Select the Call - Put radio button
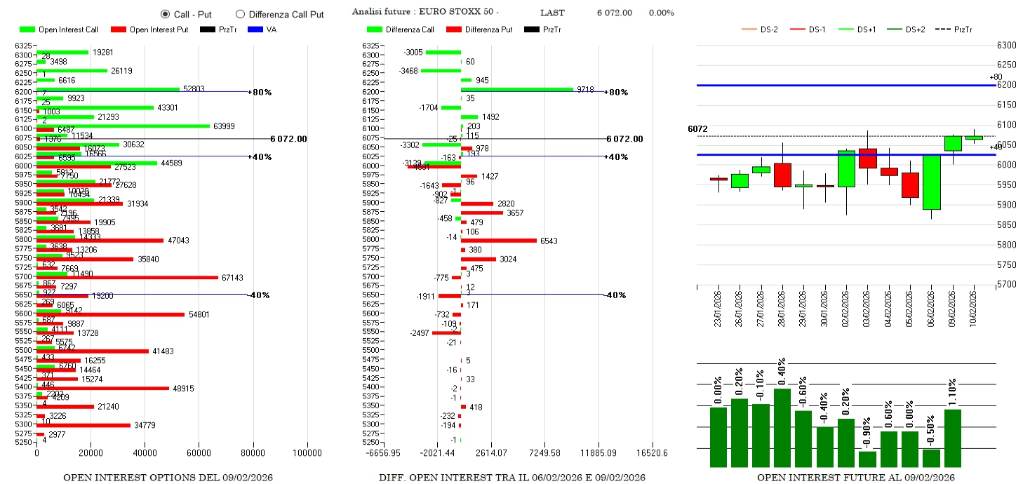pos(166,14)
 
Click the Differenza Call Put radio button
pos(240,14)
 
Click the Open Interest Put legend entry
pos(149,29)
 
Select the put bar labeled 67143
pos(127,278)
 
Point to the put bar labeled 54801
pos(110,314)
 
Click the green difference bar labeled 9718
pos(516,89)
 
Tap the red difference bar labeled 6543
pos(498,241)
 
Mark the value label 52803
pos(194,88)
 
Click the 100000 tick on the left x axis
pos(307,453)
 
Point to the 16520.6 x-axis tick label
pos(653,453)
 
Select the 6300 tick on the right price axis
pos(1006,46)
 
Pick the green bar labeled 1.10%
pos(952,438)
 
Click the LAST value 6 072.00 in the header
pos(614,13)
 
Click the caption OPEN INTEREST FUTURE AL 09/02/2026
pos(855,478)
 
